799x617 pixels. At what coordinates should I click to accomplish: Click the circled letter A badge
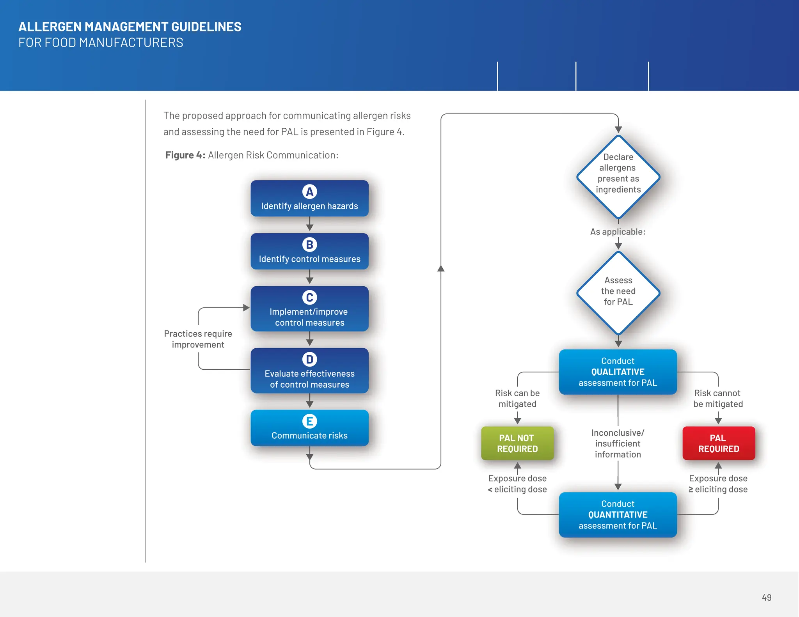309,191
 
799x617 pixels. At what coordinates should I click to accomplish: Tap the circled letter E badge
309,421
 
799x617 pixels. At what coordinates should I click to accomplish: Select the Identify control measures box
309,252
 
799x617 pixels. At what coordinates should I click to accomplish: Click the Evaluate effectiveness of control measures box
309,371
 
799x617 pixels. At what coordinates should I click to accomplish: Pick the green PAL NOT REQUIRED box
517,443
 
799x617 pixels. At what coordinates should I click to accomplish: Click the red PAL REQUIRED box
718,443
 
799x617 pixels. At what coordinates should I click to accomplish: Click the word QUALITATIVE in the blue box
618,372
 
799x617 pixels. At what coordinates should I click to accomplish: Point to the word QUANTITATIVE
618,515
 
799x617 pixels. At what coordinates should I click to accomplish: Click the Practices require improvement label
198,339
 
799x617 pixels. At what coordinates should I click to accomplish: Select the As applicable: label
618,232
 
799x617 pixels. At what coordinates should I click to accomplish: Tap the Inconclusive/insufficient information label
618,443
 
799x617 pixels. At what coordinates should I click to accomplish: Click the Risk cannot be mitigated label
718,399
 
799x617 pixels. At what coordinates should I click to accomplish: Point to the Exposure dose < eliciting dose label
517,484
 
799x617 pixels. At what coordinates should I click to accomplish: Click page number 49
766,597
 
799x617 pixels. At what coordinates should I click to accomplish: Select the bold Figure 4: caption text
185,155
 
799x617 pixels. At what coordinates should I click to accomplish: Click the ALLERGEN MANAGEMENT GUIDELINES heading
130,27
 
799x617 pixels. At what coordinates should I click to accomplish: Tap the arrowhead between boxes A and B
309,227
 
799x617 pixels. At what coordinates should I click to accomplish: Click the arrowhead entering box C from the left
246,308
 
